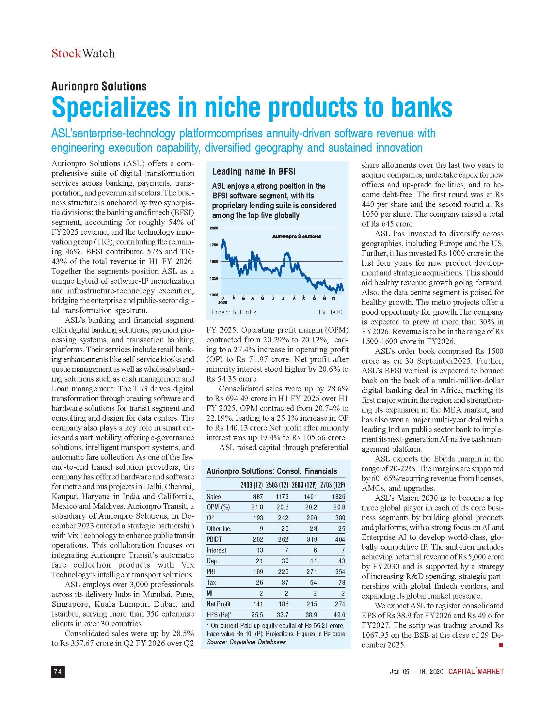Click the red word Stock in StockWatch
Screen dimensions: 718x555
(x=66, y=53)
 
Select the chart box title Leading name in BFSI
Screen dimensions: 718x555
(x=253, y=171)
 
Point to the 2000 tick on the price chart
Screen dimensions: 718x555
(x=214, y=228)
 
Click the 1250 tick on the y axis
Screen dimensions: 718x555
(x=214, y=278)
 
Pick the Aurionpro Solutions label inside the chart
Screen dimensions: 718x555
(x=296, y=236)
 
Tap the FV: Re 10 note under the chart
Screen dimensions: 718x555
(x=330, y=312)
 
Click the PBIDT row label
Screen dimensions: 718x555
(x=214, y=539)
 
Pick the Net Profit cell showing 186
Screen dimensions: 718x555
(x=283, y=603)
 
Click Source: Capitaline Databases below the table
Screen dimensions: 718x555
(x=246, y=642)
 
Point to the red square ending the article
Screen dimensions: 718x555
(x=501, y=645)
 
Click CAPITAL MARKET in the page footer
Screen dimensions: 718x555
(x=476, y=671)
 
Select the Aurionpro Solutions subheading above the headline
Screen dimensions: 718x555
(x=99, y=86)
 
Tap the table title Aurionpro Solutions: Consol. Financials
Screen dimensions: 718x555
(x=272, y=471)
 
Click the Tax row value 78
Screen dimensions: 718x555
(x=341, y=582)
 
